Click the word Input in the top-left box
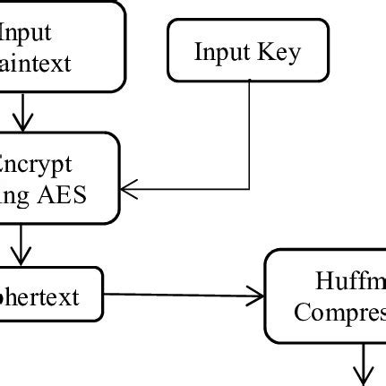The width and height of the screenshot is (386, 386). tap(25, 33)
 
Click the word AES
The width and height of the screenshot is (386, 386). tap(60, 194)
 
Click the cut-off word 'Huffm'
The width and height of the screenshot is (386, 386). tap(349, 282)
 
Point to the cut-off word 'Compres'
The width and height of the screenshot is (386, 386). tap(340, 313)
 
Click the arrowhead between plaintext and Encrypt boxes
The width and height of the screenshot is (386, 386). tap(21, 121)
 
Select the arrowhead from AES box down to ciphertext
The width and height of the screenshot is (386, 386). tap(21, 254)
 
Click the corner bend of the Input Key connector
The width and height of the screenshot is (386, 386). tap(249, 188)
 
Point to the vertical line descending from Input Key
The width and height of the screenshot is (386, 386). tap(249, 134)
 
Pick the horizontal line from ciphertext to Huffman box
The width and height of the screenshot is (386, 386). tap(179, 295)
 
